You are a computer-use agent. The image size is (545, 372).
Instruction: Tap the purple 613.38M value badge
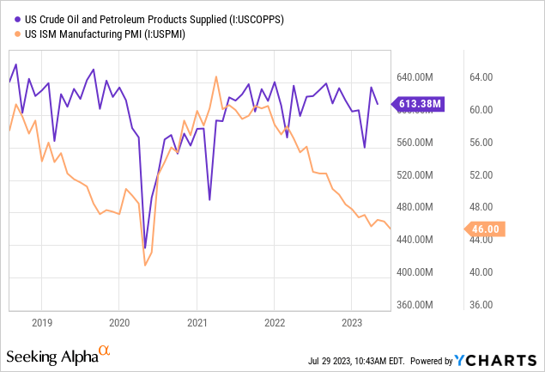click(420, 104)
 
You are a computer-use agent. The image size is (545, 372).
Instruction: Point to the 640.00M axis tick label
click(417, 77)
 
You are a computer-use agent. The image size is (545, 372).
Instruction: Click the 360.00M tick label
click(417, 304)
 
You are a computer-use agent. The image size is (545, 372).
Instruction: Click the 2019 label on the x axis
click(42, 323)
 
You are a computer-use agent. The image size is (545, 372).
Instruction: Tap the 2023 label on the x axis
click(351, 323)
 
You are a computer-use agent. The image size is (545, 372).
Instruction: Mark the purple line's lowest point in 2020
click(145, 247)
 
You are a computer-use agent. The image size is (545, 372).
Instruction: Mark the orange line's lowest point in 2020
click(144, 265)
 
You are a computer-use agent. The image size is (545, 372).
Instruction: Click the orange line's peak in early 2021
click(215, 77)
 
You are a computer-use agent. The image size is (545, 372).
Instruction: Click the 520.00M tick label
click(417, 174)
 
